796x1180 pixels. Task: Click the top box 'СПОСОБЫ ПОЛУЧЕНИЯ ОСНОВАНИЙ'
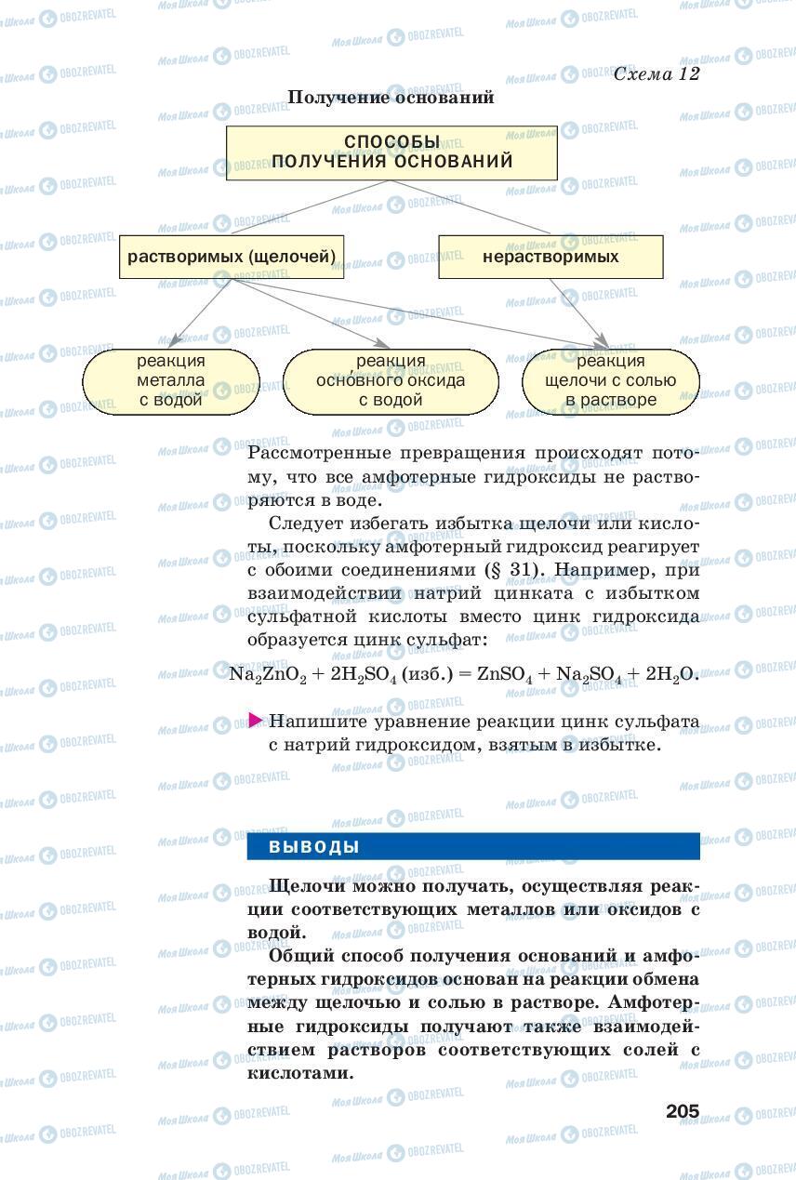(391, 152)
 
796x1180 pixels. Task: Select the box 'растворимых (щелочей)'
(230, 257)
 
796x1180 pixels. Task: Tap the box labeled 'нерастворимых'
(551, 257)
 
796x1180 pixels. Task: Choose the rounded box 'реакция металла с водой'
(171, 381)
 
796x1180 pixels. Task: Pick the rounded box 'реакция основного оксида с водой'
(391, 381)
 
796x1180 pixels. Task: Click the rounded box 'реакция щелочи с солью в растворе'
(610, 381)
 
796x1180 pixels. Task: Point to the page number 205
(682, 1111)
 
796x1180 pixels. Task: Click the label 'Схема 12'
(657, 74)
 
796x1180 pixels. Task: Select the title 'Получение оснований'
(391, 97)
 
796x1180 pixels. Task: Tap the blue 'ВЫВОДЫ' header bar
(473, 847)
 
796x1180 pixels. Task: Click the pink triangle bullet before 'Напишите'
(256, 721)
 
